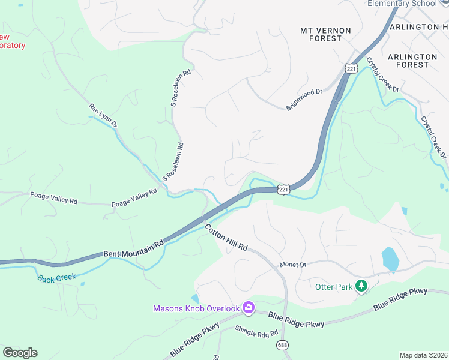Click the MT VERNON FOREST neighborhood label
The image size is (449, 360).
click(321, 34)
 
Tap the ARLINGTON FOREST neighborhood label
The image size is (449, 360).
click(412, 61)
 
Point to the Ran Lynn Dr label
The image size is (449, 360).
click(103, 115)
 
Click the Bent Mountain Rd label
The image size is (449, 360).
click(133, 250)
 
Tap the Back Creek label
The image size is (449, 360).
click(56, 277)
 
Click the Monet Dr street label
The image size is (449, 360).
click(293, 265)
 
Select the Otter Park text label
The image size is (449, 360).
click(334, 287)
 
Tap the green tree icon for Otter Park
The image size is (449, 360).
click(361, 286)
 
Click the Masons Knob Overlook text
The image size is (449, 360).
click(196, 308)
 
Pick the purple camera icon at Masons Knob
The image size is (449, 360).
click(249, 308)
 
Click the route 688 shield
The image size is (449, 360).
click(282, 345)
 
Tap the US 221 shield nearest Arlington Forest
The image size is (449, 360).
click(351, 69)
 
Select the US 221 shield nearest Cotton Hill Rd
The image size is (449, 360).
click(284, 190)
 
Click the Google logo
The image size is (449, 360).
click(20, 353)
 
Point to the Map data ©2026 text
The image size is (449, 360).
click(423, 355)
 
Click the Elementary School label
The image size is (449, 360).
click(402, 4)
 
